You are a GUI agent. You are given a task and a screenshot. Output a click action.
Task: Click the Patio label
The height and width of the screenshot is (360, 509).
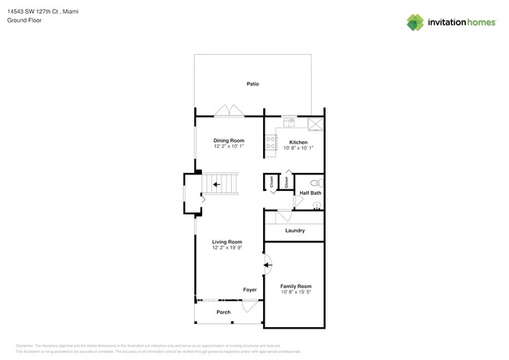click(x=252, y=84)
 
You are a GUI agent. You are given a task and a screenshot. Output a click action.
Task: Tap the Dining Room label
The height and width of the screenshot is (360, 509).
click(x=229, y=141)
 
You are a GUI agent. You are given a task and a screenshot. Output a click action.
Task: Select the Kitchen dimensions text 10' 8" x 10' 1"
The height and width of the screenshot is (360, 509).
click(x=298, y=148)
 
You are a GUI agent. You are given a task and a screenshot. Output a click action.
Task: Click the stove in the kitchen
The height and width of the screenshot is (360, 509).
click(x=271, y=142)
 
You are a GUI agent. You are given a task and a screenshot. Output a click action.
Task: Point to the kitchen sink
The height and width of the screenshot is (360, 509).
click(x=289, y=122)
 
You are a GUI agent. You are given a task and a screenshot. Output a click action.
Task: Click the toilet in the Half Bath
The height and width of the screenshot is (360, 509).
click(x=316, y=183)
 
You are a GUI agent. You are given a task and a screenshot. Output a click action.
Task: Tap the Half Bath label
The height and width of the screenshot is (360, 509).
click(x=310, y=193)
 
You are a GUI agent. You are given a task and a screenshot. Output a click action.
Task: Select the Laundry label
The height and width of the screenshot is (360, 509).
click(x=295, y=231)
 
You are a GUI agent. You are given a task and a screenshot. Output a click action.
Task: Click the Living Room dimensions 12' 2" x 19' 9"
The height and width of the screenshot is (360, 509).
click(x=227, y=248)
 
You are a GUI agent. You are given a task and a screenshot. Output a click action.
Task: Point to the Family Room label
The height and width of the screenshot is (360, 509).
click(x=296, y=286)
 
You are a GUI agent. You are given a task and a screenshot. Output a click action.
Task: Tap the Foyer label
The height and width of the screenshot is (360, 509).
click(x=250, y=290)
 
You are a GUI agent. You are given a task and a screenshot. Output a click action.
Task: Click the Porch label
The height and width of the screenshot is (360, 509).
click(x=223, y=312)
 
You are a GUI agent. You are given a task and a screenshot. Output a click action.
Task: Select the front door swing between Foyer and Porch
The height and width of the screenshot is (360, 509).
click(x=251, y=307)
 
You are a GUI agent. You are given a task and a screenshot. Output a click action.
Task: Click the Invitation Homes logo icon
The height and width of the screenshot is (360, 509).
click(x=415, y=23)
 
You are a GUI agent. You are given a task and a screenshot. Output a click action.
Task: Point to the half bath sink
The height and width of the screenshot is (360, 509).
click(x=316, y=206)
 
